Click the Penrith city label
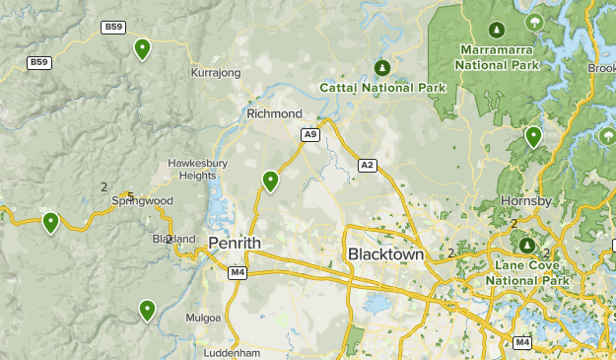click(234, 242)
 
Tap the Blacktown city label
click(385, 254)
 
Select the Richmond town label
click(274, 114)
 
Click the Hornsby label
click(526, 200)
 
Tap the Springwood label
click(142, 200)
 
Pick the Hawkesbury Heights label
click(197, 169)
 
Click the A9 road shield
click(310, 133)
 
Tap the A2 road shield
click(368, 166)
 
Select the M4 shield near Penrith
click(237, 271)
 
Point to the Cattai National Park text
click(382, 88)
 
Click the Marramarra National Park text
click(498, 57)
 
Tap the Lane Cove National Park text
click(527, 273)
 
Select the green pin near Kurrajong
click(143, 48)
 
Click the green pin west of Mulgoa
click(147, 311)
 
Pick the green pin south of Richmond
click(270, 180)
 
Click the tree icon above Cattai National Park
click(382, 67)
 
